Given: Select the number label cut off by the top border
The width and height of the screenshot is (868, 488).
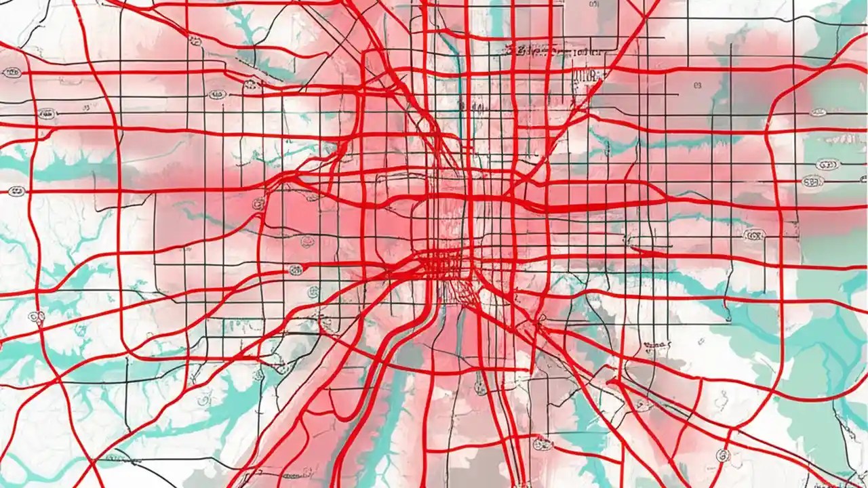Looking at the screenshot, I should tap(594, 4).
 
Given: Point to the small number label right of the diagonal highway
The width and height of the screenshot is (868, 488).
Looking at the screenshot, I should tap(696, 85).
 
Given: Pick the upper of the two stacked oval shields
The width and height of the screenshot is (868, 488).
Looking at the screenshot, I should tap(827, 164).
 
